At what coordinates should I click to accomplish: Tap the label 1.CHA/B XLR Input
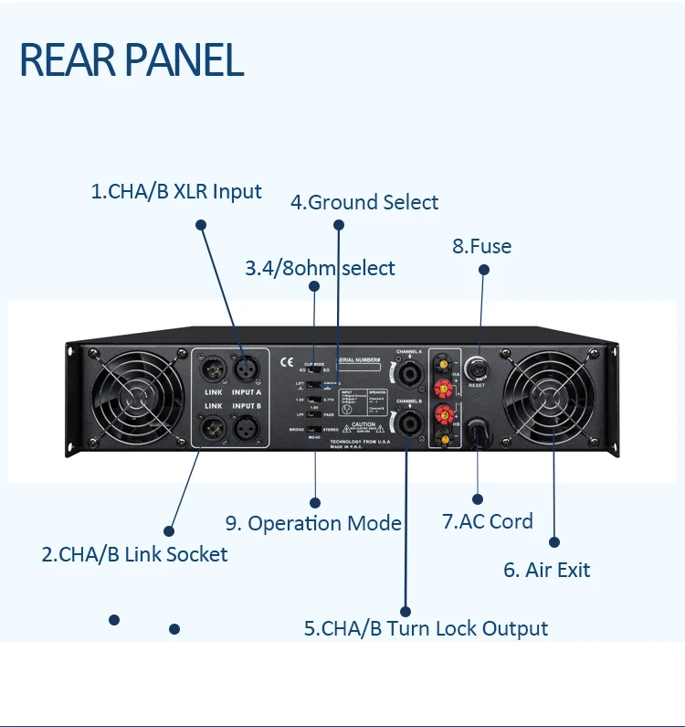(176, 192)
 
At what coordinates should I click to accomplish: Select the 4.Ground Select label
(364, 202)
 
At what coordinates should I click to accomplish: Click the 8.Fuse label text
(481, 246)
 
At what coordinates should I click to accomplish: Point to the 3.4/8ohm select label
(320, 268)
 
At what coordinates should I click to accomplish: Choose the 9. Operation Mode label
(313, 523)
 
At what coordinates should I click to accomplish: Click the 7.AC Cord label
(487, 521)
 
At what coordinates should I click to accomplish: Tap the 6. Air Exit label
(546, 570)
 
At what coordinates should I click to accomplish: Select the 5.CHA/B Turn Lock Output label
(426, 628)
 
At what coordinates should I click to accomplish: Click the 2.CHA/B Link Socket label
(134, 553)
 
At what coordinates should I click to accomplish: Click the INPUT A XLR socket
(246, 368)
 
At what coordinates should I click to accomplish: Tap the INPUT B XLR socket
(246, 426)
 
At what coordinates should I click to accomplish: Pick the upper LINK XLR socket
(212, 368)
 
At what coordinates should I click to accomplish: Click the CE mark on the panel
(286, 359)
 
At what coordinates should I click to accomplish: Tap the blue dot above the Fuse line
(483, 270)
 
